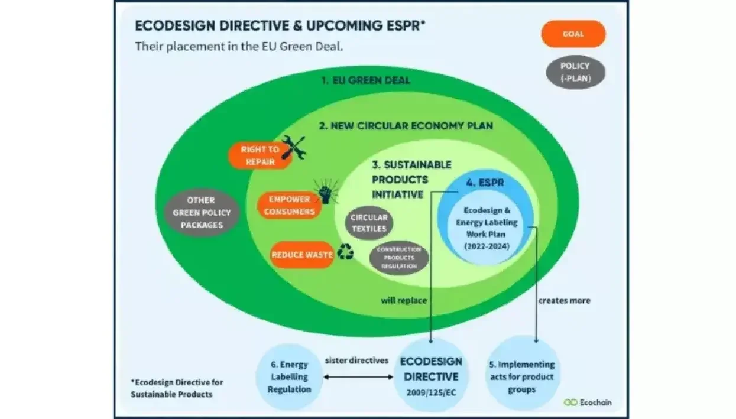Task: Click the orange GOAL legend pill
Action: coord(573,34)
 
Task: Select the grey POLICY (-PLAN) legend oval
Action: coord(575,72)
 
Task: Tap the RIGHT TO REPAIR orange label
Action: coord(260,155)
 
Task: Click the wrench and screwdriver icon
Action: coord(293,148)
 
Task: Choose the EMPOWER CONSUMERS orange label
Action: coord(289,206)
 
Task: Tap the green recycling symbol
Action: coord(346,254)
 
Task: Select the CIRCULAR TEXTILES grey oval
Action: coord(369,223)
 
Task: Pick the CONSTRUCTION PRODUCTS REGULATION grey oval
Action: coord(399,258)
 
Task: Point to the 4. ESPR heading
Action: coord(485,183)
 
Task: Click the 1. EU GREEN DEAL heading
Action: coord(366,80)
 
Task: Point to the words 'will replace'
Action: coord(404,300)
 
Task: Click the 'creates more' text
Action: coord(564,300)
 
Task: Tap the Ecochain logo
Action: coord(588,402)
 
